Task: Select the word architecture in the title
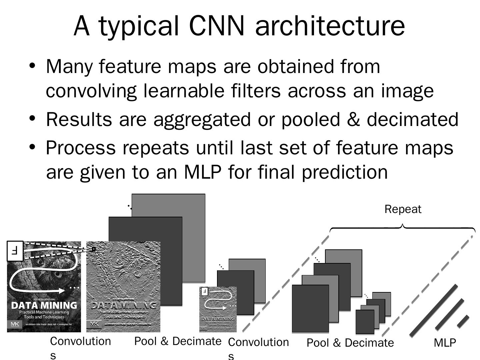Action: (x=330, y=26)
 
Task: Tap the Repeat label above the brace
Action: (x=403, y=209)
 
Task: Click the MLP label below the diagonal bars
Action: (x=445, y=343)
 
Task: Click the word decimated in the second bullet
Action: (x=412, y=119)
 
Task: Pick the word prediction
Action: (x=345, y=172)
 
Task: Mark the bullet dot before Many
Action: (x=32, y=65)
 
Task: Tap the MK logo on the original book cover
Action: (x=15, y=324)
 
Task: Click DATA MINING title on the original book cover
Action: (x=44, y=305)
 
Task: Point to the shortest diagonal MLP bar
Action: (x=463, y=321)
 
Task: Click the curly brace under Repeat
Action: (x=402, y=228)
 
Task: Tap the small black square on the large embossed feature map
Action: (x=94, y=249)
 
